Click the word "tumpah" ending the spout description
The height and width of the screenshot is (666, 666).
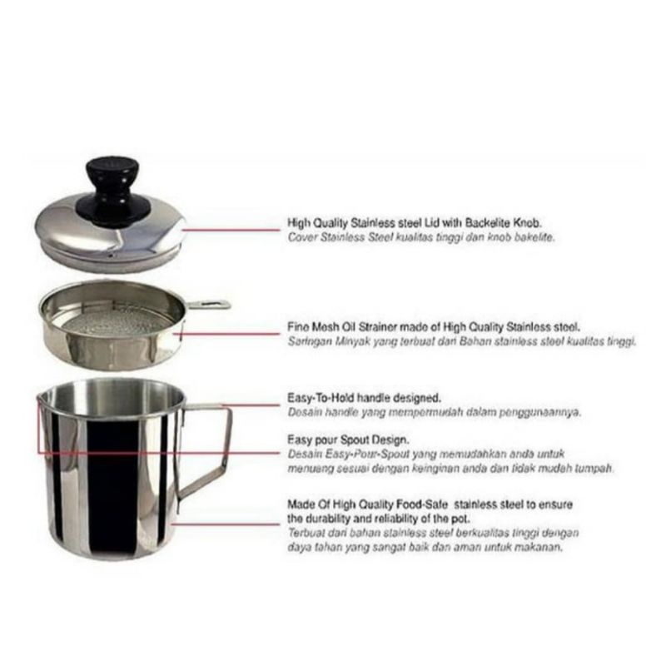[x=594, y=468]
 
